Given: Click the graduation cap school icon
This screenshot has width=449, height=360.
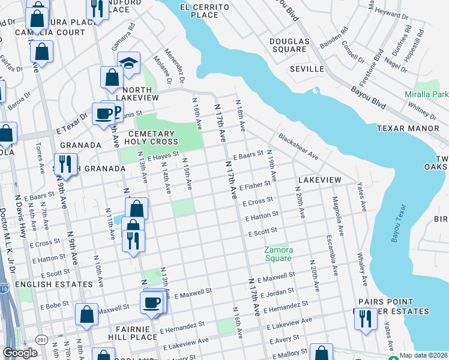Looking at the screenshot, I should pyautogui.click(x=128, y=62).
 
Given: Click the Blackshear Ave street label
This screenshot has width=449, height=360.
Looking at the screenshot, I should pyautogui.click(x=297, y=146).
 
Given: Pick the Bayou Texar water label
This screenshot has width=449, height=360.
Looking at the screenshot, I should pyautogui.click(x=398, y=223).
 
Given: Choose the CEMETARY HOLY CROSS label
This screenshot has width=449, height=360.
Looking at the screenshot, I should pyautogui.click(x=151, y=137).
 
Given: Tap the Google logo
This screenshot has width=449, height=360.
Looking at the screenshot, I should pyautogui.click(x=20, y=352).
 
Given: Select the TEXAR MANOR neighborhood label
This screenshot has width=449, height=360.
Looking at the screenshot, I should pyautogui.click(x=408, y=128).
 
